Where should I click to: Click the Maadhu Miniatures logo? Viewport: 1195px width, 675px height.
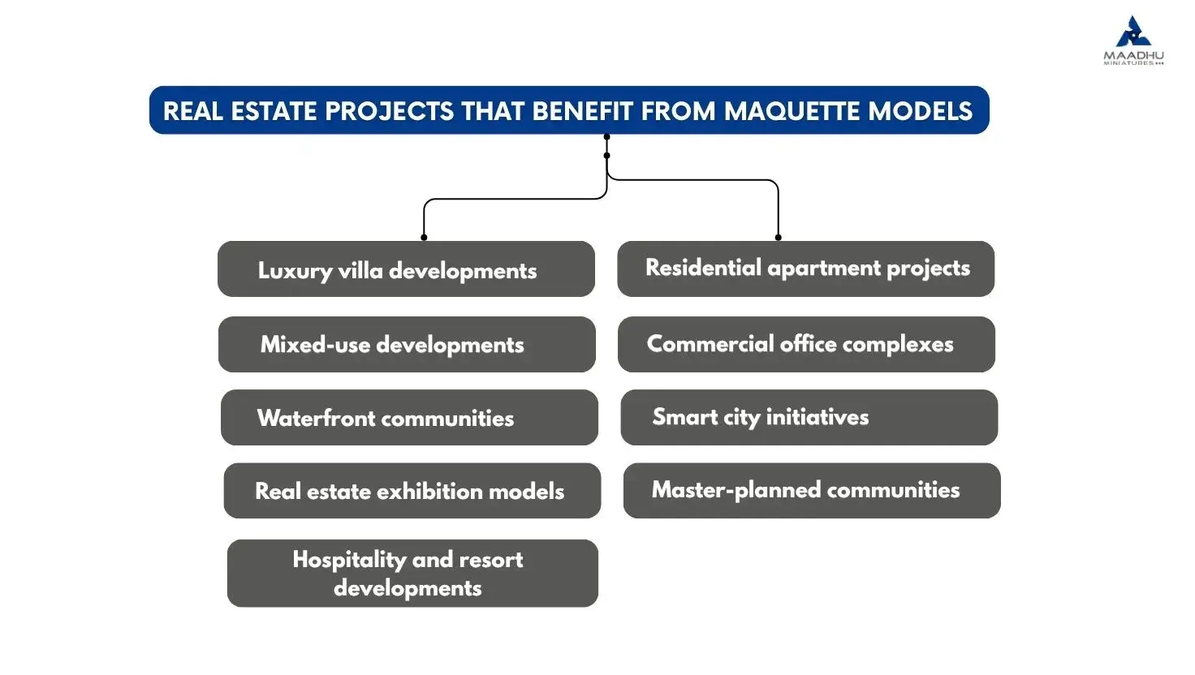click(x=1133, y=40)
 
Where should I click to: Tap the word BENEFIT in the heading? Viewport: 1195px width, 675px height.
click(x=583, y=111)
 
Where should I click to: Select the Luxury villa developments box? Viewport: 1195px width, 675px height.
click(x=406, y=269)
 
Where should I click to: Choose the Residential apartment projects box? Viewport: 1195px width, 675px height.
click(x=805, y=269)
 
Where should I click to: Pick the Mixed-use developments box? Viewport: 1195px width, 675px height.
click(x=407, y=345)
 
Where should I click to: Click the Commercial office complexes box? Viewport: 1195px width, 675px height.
click(x=806, y=345)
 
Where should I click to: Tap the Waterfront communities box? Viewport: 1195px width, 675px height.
click(x=409, y=418)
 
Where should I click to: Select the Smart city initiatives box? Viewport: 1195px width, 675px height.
click(x=809, y=418)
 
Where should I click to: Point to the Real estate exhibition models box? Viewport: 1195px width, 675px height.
click(x=412, y=491)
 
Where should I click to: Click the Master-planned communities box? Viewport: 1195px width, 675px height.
click(x=812, y=491)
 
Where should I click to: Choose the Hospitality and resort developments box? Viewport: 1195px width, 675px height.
click(x=412, y=573)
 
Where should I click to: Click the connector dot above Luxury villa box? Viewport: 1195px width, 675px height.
click(x=424, y=237)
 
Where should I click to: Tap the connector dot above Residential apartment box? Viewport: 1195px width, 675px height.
click(x=778, y=237)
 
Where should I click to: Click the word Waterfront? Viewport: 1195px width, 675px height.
click(x=316, y=418)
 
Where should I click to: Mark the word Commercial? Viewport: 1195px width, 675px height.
click(x=710, y=344)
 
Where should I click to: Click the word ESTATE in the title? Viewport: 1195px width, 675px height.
click(x=274, y=111)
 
